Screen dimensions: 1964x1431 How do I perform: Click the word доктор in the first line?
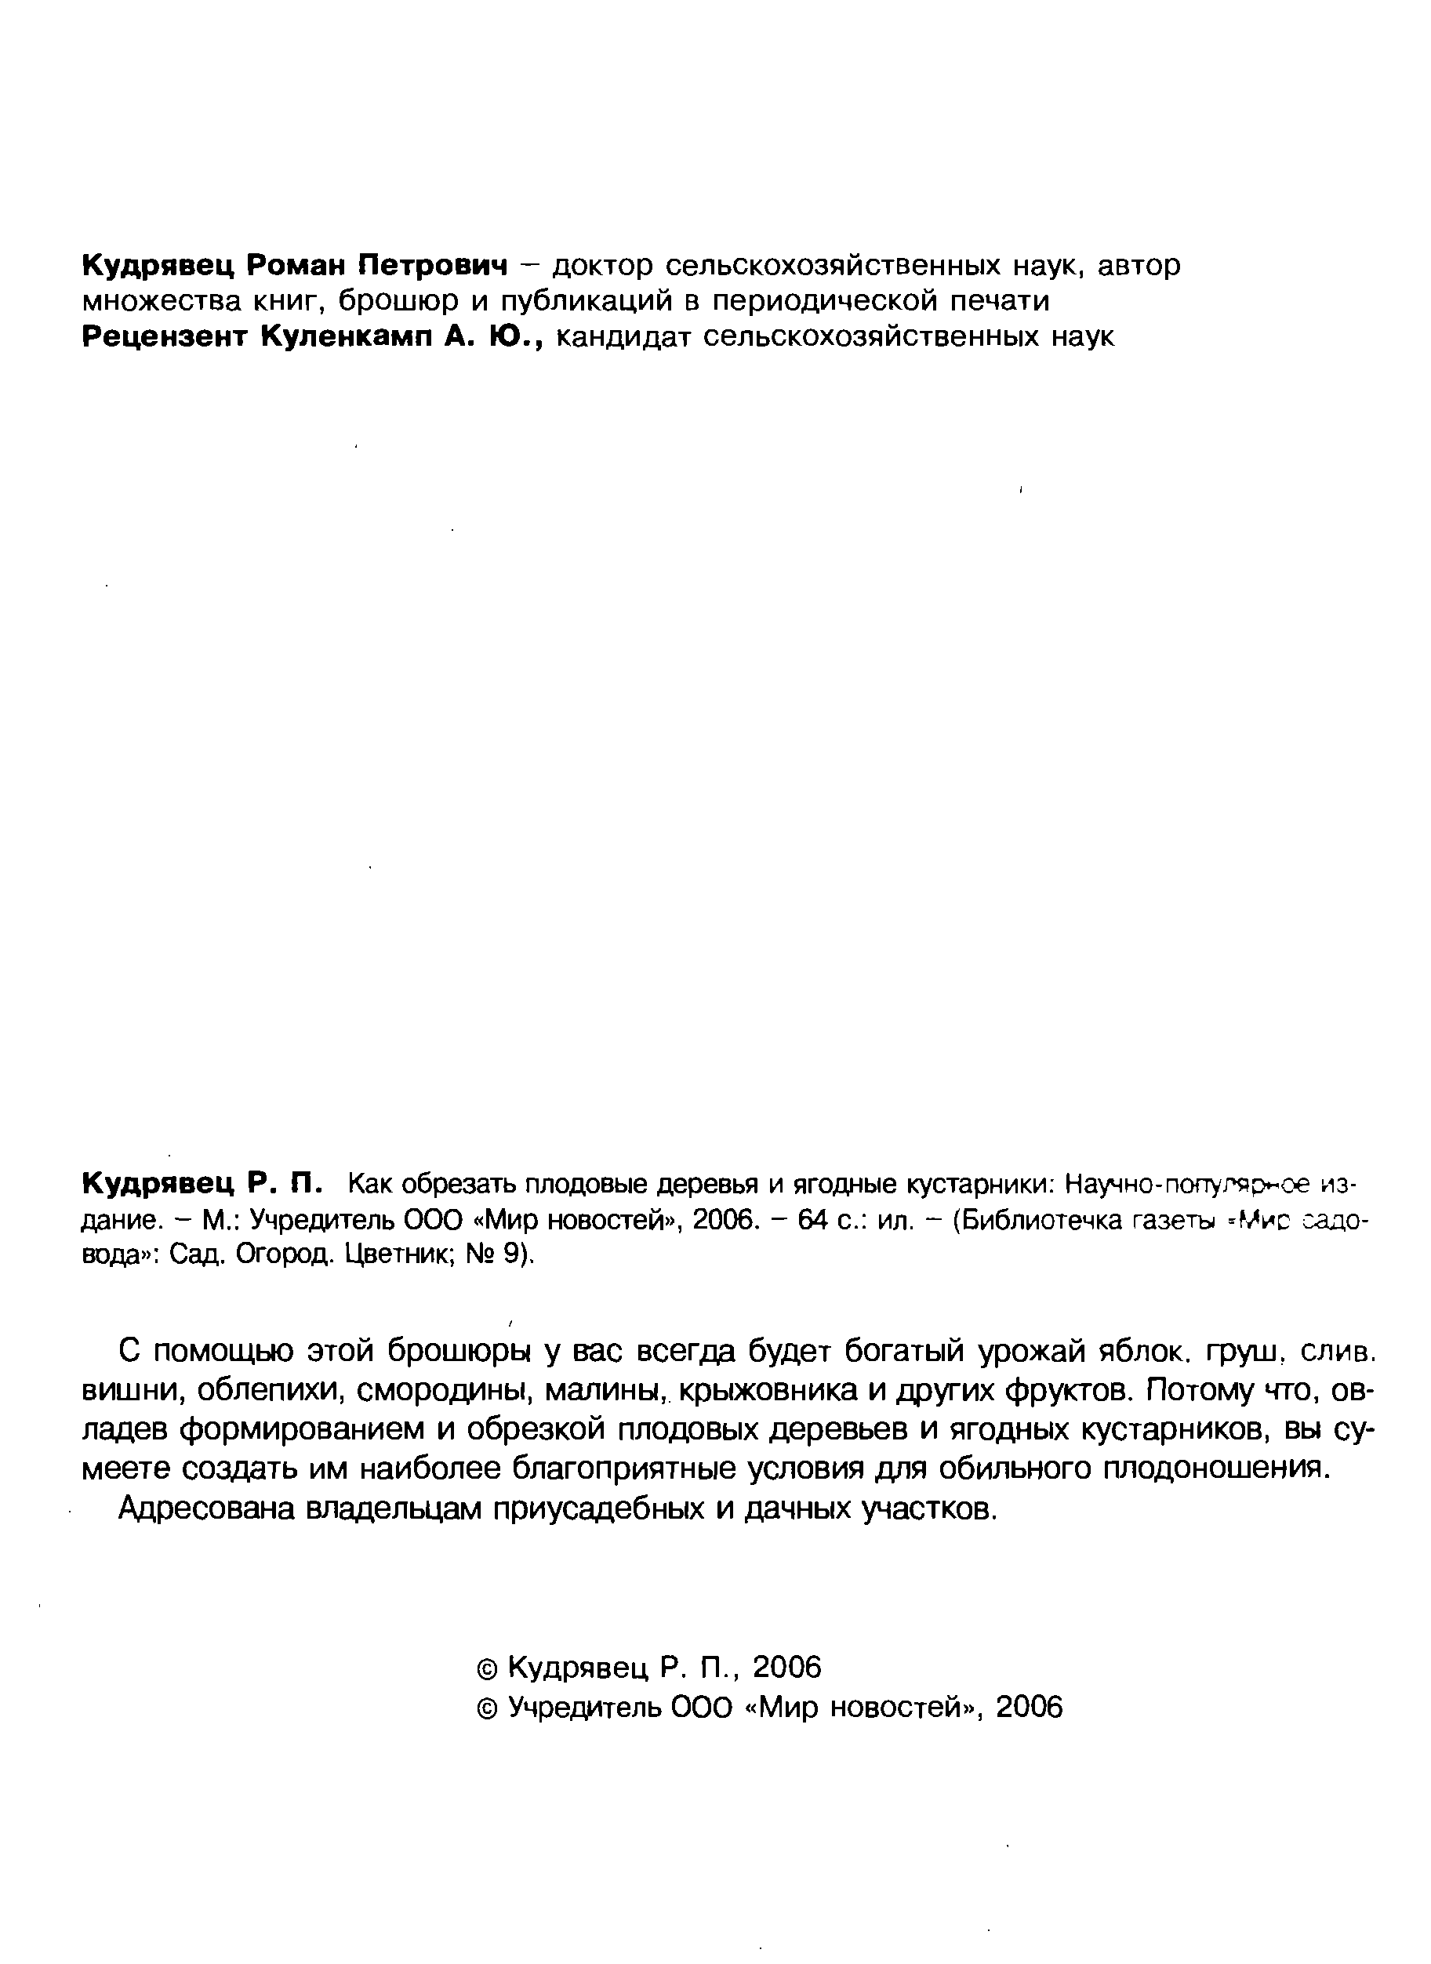pos(603,265)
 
